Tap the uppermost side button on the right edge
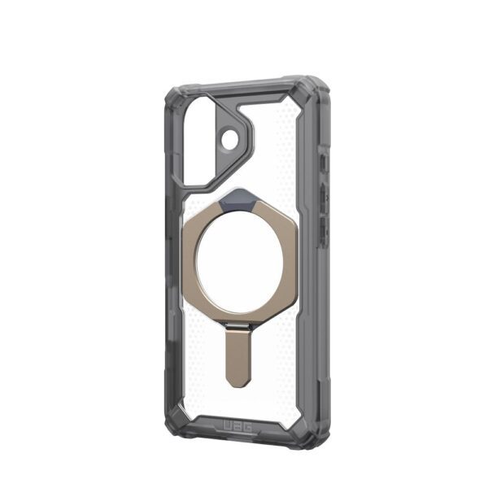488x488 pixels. coord(325,162)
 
